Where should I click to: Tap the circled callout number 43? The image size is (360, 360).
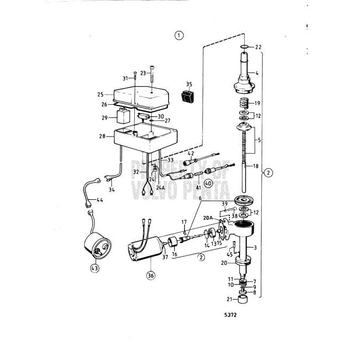coord(96,268)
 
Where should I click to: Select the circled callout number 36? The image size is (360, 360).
coord(150,275)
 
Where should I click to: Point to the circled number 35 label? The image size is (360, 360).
coord(189,84)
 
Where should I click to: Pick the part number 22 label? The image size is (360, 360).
coord(258,47)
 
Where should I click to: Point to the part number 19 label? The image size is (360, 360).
coord(257,103)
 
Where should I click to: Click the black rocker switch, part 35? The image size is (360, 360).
coord(188,97)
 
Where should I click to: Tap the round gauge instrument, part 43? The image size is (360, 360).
coord(98,246)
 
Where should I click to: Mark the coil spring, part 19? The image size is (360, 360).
coord(243,103)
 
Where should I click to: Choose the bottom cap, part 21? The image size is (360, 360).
coord(243,300)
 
